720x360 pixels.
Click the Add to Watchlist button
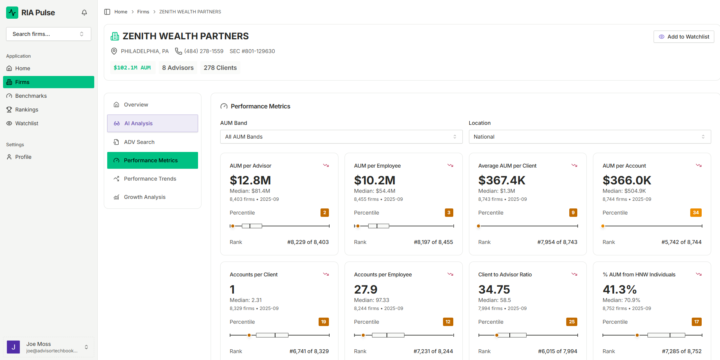(684, 37)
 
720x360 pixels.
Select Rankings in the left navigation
(27, 109)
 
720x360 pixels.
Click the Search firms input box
(48, 34)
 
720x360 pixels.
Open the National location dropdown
(589, 137)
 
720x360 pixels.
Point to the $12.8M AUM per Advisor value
(250, 180)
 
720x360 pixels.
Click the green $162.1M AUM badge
(132, 68)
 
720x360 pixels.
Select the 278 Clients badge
(221, 68)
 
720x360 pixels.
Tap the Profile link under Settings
(23, 157)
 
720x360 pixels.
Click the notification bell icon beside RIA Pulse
(84, 12)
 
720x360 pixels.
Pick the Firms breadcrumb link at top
(142, 12)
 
